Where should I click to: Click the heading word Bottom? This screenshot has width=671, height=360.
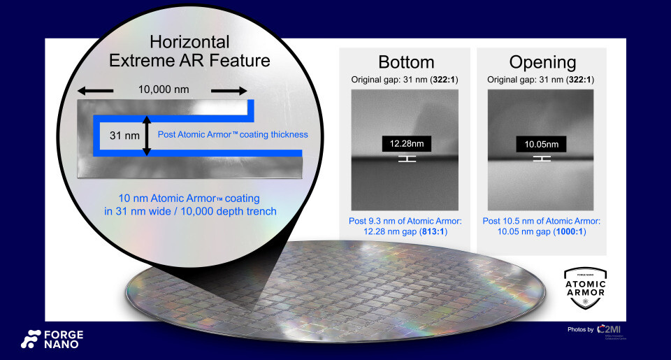point(406,62)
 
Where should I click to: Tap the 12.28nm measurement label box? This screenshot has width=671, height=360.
point(407,143)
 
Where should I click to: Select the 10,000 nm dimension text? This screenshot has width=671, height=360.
point(163,90)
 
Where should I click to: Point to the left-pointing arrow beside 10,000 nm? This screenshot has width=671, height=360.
point(94,90)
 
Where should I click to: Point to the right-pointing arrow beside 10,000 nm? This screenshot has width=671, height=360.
point(229,90)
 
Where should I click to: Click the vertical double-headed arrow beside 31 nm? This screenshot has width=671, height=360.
point(146,134)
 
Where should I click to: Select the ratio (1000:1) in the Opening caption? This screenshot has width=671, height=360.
point(571,231)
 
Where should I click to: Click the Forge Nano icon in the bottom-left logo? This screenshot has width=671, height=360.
point(31,339)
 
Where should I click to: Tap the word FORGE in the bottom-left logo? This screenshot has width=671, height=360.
point(63,333)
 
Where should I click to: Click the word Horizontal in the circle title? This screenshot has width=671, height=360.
point(189,42)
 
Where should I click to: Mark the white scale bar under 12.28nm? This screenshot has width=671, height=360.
point(407,159)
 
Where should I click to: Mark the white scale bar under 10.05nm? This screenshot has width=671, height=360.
point(542,159)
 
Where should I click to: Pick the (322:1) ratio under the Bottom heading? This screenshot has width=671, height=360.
point(445,80)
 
